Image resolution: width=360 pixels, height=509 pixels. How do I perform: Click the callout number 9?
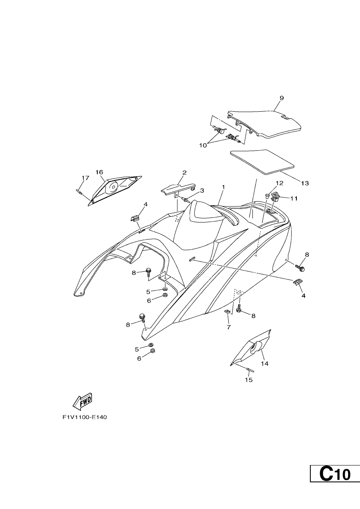(282, 98)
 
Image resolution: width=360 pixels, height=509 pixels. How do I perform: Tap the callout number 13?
(305, 183)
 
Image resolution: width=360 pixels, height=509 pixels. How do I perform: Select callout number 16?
(99, 172)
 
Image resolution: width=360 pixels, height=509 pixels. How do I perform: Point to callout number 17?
(85, 178)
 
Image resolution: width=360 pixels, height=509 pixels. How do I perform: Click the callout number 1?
(223, 187)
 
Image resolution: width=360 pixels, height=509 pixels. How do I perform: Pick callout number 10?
(203, 145)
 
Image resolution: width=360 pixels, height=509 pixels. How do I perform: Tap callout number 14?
(265, 364)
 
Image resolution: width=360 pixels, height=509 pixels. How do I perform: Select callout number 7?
(229, 327)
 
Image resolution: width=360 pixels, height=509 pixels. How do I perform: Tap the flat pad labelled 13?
(262, 162)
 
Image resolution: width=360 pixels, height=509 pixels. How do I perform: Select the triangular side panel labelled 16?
(115, 190)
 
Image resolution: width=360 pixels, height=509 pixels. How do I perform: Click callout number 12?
(280, 183)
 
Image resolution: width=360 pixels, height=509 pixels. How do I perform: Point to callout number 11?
(294, 198)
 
